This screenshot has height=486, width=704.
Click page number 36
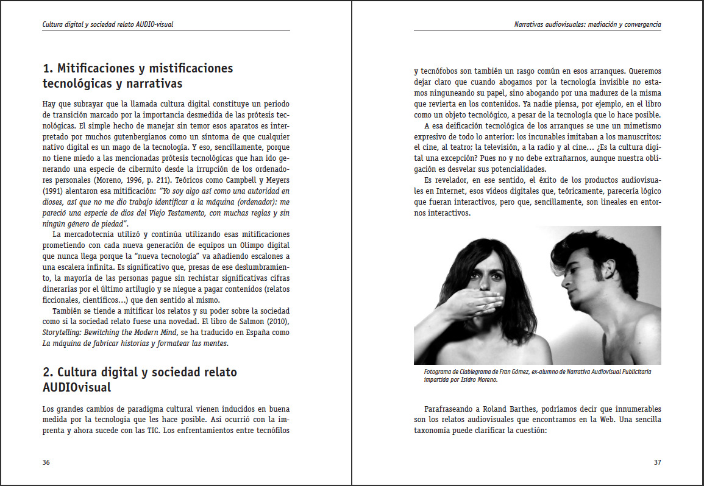tap(46, 462)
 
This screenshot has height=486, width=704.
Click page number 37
tap(657, 462)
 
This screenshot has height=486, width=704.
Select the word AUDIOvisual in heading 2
tap(77, 387)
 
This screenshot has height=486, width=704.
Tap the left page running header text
tap(113, 25)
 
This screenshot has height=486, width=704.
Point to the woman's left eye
tap(496, 272)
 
